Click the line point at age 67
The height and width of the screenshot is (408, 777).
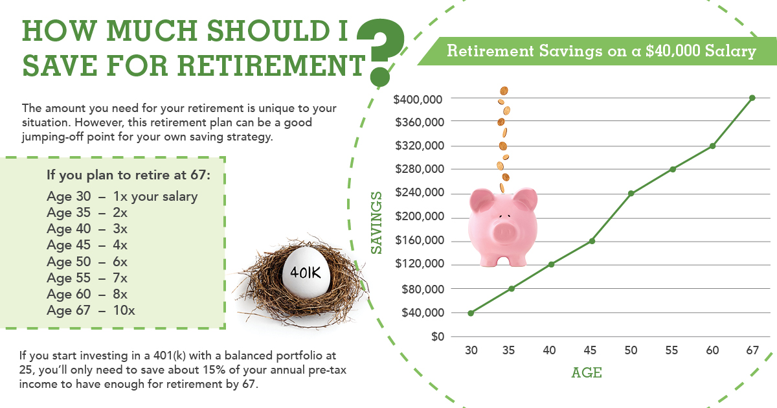point(752,98)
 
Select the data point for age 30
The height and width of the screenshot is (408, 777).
point(471,313)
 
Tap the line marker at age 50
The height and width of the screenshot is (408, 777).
point(631,193)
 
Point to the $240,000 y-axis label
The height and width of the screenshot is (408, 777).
point(419,193)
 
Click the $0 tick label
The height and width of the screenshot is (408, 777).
point(438,337)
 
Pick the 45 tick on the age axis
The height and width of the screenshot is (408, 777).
point(590,350)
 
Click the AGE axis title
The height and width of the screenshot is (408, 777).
point(587,373)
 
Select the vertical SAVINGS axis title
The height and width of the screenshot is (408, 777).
point(376,222)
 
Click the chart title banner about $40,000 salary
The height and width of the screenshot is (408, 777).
point(602,51)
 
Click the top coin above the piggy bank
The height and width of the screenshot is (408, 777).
point(504,91)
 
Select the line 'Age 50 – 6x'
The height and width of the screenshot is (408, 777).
point(87,262)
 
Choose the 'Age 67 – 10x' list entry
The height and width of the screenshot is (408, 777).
point(91,310)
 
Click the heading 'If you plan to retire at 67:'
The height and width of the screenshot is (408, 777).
point(128,176)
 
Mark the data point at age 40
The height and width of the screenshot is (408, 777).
point(550,264)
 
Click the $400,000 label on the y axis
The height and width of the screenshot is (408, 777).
point(419,98)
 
